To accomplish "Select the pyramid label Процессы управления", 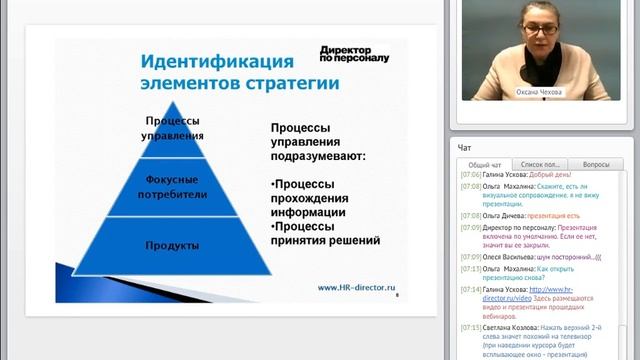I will [173, 128].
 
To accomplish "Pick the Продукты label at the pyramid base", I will [172, 245].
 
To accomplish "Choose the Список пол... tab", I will [541, 163].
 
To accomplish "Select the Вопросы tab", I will [595, 163].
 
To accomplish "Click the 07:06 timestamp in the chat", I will [470, 174].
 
